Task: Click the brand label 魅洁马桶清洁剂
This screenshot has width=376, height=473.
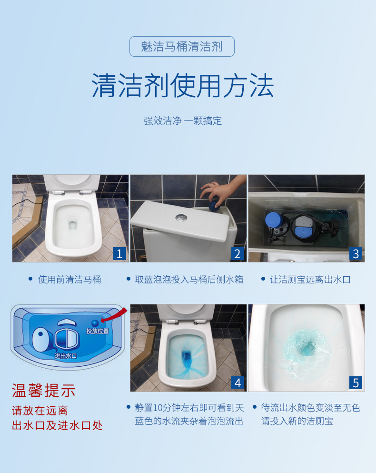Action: (182, 47)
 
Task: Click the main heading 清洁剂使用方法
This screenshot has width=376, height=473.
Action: (183, 86)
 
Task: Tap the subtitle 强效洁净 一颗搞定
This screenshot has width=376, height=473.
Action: (183, 121)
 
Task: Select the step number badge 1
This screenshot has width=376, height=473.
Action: (119, 253)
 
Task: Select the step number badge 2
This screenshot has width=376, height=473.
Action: (237, 253)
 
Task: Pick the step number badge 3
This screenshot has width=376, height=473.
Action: (356, 253)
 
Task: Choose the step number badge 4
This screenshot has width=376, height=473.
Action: (237, 382)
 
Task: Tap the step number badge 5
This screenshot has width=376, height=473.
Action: (356, 382)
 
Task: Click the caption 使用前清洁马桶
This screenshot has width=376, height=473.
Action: (69, 280)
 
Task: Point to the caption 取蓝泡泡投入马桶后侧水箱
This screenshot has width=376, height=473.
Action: (189, 280)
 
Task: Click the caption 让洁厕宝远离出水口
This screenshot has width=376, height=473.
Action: (310, 280)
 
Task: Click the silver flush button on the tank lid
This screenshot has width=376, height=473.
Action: (180, 218)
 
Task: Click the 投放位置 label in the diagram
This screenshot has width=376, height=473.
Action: (97, 331)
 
